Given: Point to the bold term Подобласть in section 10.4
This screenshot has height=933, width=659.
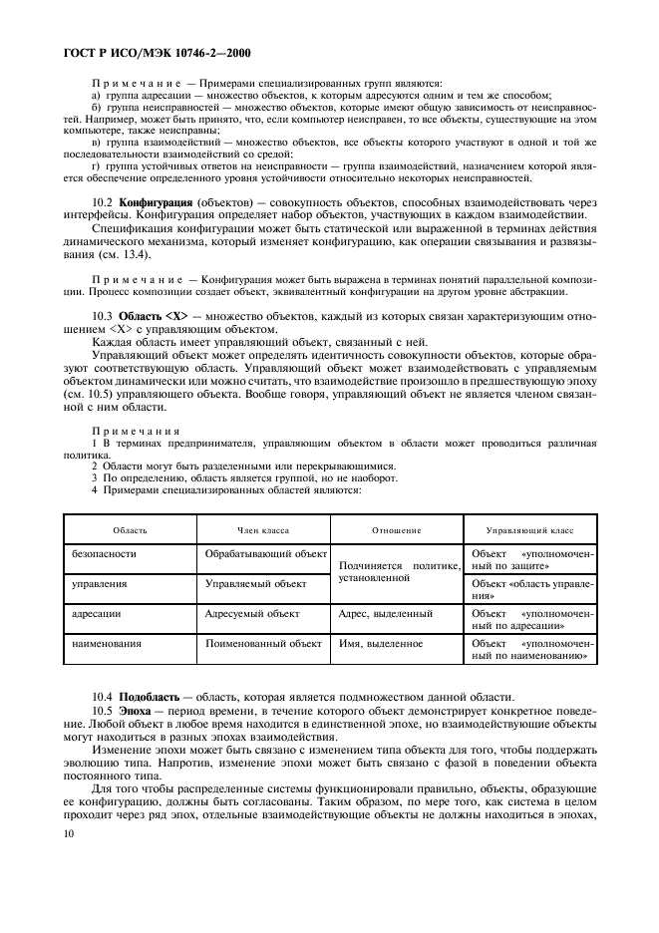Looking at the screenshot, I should (153, 696).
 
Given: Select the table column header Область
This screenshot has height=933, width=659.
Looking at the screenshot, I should (130, 530).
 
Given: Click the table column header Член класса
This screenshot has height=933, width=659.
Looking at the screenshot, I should (263, 530).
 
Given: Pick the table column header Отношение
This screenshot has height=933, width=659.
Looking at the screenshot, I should (396, 530).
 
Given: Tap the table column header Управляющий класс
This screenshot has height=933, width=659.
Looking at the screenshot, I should (529, 530).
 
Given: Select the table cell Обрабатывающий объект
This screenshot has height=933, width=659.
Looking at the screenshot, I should (265, 553).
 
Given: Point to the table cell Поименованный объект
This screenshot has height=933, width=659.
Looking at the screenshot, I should (263, 644).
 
